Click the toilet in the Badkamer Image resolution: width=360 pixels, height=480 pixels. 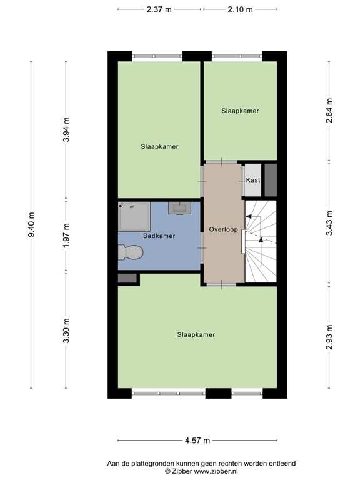pos(131,252)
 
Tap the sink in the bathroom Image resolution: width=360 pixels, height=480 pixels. pos(180,208)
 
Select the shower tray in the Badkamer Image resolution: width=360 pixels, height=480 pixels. pos(134,216)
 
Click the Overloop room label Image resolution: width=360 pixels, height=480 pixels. pos(224,229)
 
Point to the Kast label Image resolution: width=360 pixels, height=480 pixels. pos(253,180)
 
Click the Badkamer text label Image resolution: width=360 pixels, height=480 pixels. pos(159,236)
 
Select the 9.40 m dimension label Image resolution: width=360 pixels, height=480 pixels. pos(31,224)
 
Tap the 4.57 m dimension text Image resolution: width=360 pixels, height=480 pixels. pos(197,441)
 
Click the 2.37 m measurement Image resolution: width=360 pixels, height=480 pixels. pos(159,9)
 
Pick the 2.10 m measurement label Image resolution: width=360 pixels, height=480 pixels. pos(240,9)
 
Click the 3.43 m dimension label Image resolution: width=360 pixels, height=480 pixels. pos(329,223)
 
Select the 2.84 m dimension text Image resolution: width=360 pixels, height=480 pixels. pos(329,111)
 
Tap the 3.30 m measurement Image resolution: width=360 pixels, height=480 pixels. pos(66,331)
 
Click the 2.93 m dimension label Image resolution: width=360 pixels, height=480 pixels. pos(329,337)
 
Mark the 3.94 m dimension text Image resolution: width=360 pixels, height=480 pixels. pos(66,129)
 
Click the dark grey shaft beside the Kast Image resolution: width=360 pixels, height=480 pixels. pos(271,180)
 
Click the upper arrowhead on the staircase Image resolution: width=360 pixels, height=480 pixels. pos(249,216)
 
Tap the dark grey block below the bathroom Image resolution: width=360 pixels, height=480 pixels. pos(127,278)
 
